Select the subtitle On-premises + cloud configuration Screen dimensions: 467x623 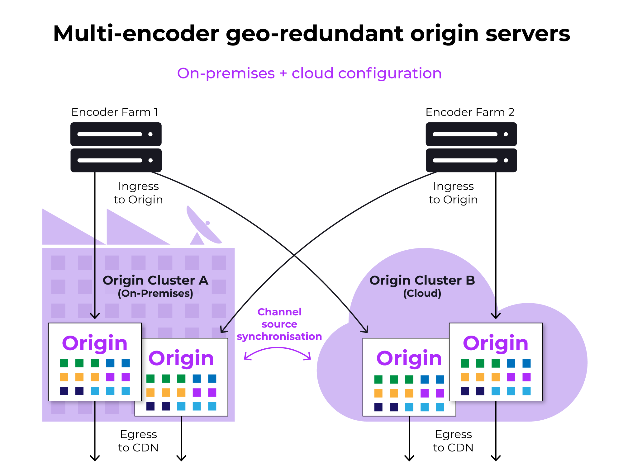309,73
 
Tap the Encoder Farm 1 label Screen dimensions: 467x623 115,112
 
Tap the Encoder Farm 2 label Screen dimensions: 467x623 470,112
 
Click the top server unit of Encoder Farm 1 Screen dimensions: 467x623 116,134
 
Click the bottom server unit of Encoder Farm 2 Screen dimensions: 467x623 471,160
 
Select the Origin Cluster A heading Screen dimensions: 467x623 155,280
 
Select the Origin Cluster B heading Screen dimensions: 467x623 422,280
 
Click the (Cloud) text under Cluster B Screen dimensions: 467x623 422,293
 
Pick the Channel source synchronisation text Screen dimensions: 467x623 279,324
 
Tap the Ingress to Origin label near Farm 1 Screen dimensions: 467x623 138,193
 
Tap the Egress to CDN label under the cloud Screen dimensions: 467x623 453,441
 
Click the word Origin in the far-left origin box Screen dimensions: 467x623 95,343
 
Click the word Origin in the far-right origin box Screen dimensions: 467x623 496,343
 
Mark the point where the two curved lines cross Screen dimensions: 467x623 294,255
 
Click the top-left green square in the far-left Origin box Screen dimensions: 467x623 64,363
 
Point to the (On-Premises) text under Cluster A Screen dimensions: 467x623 155,293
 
